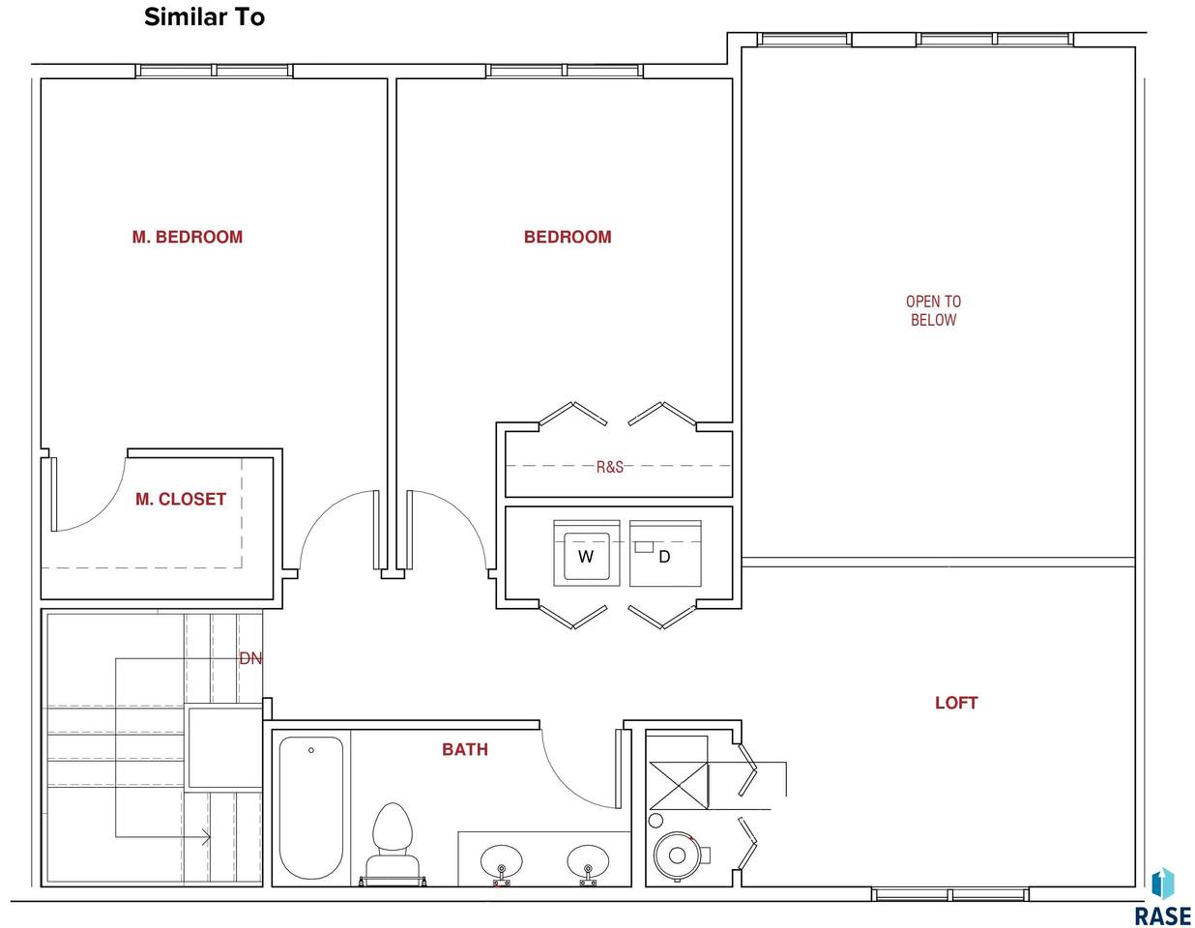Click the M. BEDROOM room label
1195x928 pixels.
(x=187, y=237)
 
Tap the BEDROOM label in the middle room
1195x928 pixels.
(x=567, y=237)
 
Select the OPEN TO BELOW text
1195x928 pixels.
(x=933, y=310)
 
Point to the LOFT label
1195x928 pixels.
(x=956, y=703)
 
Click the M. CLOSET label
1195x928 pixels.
(x=181, y=499)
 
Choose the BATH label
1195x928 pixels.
(x=465, y=749)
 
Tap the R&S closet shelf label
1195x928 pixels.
(x=610, y=467)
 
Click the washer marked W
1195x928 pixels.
(x=586, y=553)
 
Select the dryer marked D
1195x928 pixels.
(x=665, y=553)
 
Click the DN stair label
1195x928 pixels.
(x=250, y=658)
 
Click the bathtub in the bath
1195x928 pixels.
(x=310, y=807)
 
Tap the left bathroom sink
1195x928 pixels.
(x=502, y=863)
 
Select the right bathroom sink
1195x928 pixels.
(x=588, y=863)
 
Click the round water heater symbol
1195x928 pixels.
(x=677, y=855)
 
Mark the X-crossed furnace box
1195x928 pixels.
(x=679, y=786)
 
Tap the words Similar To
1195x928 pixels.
(x=205, y=17)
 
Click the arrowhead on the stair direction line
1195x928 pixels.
(x=206, y=837)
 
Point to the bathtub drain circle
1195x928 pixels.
(x=311, y=750)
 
